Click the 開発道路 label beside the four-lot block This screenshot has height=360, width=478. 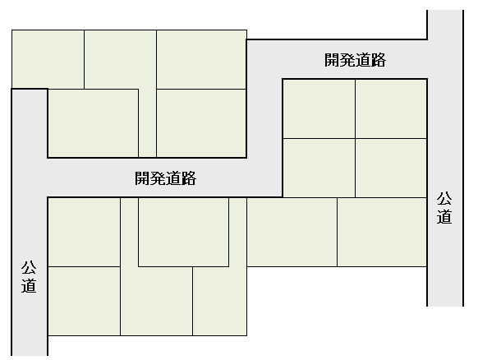(x=355, y=60)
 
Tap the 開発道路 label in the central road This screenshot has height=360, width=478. (x=166, y=178)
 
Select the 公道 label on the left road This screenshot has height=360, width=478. (x=29, y=277)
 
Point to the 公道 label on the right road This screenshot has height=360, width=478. (x=444, y=208)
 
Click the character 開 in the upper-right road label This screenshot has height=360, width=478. (x=332, y=60)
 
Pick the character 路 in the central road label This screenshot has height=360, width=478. (x=189, y=178)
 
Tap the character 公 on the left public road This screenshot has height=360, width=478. (x=29, y=268)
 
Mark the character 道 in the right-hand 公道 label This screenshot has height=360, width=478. (x=444, y=217)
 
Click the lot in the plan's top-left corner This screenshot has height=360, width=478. (x=48, y=59)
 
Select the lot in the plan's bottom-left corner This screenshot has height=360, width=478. (x=84, y=301)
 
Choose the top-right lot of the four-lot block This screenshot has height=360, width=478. (x=391, y=108)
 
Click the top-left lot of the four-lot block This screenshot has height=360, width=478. (x=319, y=108)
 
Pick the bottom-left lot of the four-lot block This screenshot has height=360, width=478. (x=319, y=168)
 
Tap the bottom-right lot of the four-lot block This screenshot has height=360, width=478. (x=391, y=168)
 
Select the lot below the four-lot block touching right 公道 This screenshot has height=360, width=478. (x=382, y=232)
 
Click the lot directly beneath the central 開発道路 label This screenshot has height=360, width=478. (x=183, y=232)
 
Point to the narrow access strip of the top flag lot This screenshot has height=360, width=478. (x=148, y=123)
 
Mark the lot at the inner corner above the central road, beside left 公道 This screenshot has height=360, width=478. (x=94, y=123)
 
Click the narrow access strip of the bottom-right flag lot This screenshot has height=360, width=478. (x=238, y=232)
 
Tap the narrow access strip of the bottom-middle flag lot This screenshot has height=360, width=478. (x=129, y=232)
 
